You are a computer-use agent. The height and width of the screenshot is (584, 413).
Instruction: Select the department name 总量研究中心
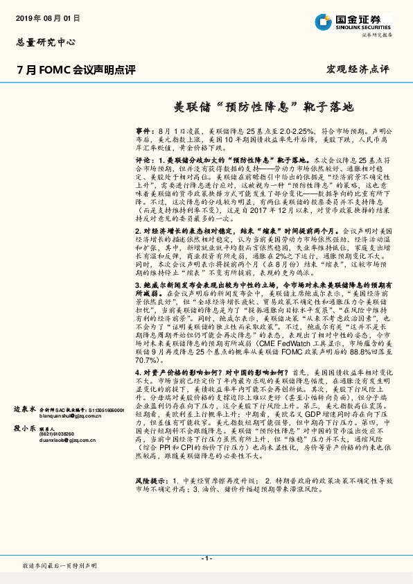click(x=45, y=42)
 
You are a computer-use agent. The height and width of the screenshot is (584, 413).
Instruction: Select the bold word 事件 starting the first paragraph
click(x=143, y=131)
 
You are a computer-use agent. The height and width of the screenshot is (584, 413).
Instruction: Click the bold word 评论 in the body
click(x=143, y=160)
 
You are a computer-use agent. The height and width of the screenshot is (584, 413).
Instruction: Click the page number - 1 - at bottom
click(x=206, y=559)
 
